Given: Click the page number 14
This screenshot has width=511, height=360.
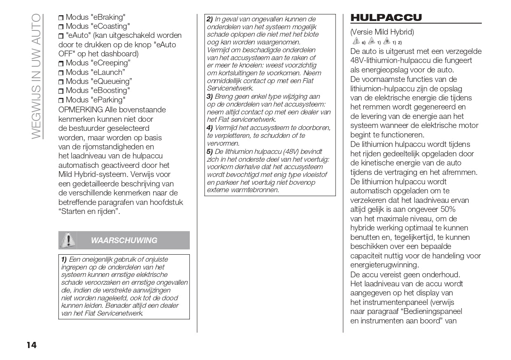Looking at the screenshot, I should (32, 345).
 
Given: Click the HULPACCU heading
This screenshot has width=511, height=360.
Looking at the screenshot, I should (386, 18).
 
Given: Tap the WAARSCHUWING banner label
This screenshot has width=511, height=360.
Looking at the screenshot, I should (124, 241).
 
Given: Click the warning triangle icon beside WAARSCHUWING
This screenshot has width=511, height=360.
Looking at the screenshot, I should (68, 240).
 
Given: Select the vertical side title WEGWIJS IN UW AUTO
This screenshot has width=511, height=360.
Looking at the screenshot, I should (36, 76).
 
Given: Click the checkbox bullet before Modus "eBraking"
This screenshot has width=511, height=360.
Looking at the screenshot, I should (61, 18).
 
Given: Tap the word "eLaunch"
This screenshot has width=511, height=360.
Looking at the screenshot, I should (107, 72).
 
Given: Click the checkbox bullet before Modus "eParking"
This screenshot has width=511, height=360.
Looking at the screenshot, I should (61, 100).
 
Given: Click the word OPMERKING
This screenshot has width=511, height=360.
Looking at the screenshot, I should (81, 110).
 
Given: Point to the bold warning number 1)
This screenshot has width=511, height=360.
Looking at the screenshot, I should (64, 260).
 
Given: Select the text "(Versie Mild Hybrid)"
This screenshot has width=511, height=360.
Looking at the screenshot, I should (382, 32).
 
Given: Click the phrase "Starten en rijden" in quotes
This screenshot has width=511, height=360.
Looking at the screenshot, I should (89, 212).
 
